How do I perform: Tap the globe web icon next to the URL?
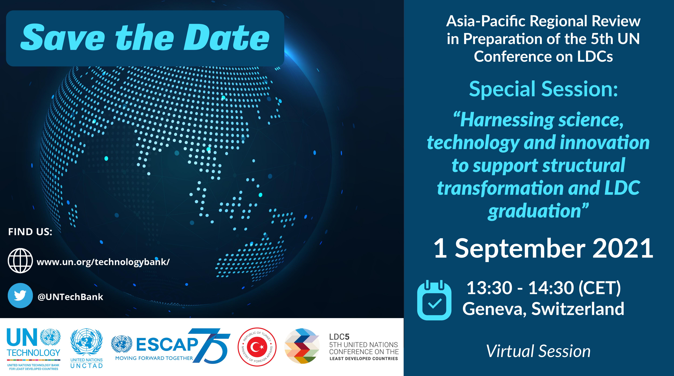20,261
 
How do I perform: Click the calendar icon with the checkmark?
434,300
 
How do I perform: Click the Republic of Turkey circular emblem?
257,347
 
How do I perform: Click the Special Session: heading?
543,89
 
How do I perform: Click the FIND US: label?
30,232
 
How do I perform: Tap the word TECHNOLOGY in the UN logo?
33,353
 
